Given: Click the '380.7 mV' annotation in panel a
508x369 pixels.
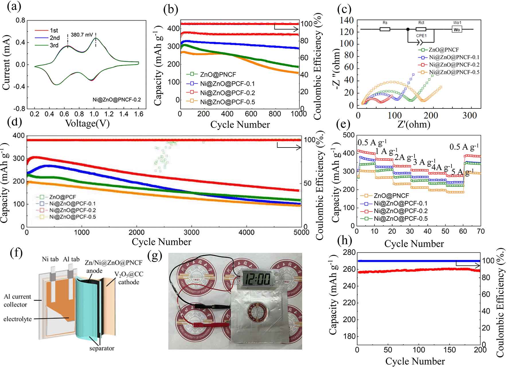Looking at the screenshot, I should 82,35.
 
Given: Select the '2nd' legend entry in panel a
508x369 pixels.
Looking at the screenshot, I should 54,38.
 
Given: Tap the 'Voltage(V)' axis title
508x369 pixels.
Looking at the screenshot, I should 87,123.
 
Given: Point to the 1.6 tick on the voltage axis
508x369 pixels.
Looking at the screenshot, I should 139,114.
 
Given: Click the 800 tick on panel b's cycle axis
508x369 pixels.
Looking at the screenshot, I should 275,114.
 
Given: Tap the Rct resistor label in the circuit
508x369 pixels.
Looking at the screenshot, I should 421,23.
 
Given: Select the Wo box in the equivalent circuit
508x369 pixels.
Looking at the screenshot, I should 457,30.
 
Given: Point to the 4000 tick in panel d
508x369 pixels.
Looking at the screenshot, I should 246,232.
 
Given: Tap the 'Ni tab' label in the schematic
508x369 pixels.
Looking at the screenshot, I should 50,259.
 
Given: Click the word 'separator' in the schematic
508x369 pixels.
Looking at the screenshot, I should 102,348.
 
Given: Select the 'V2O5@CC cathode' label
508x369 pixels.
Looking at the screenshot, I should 129,278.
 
